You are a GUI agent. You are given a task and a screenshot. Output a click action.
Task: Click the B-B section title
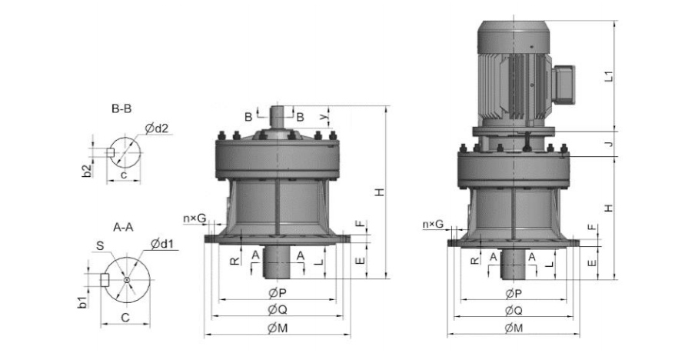click(121, 108)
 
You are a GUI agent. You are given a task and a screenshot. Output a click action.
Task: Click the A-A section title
click(123, 227)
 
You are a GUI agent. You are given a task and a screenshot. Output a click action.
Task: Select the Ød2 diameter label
click(157, 128)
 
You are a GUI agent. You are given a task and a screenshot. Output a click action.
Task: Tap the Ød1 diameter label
click(162, 244)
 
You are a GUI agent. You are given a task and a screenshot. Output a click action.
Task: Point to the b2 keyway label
click(88, 171)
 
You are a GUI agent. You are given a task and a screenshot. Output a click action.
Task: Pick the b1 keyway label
click(82, 302)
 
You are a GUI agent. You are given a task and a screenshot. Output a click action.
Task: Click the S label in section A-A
click(100, 246)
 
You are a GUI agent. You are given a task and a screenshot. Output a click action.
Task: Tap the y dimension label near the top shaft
click(324, 117)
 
